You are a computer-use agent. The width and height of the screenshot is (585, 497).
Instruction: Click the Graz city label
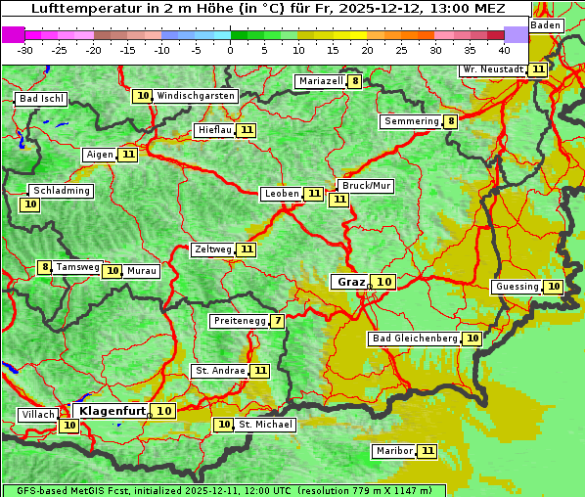pyautogui.click(x=349, y=282)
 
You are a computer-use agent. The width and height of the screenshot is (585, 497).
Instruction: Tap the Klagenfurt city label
pyautogui.click(x=112, y=411)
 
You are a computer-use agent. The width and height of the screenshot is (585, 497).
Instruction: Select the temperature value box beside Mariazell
pyautogui.click(x=355, y=81)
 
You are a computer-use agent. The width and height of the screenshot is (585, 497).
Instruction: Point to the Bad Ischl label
pyautogui.click(x=41, y=99)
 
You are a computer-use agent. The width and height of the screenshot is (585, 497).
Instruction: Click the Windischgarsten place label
pyautogui.click(x=196, y=96)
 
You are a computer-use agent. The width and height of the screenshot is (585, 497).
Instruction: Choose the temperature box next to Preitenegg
pyautogui.click(x=279, y=321)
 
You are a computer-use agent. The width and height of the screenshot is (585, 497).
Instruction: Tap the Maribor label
pyautogui.click(x=393, y=451)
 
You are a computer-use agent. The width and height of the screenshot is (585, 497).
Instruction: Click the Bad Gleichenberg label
pyautogui.click(x=414, y=339)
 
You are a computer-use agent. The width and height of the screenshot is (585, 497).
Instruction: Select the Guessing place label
pyautogui.click(x=517, y=287)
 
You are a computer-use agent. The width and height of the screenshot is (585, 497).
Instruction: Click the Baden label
pyautogui.click(x=546, y=25)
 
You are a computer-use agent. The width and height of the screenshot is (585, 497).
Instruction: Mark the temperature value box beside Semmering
pyautogui.click(x=450, y=121)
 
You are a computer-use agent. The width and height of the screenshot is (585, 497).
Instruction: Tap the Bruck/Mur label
pyautogui.click(x=365, y=186)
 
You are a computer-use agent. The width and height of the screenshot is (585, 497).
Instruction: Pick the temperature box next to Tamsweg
pyautogui.click(x=44, y=267)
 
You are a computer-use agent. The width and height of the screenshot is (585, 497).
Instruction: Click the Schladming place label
pyautogui.click(x=61, y=191)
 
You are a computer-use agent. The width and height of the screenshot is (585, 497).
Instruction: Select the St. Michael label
pyautogui.click(x=265, y=425)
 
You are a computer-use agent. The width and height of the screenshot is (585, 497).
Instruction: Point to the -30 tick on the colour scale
pyautogui.click(x=26, y=49)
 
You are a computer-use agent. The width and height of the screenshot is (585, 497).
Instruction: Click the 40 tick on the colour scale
pyautogui.click(x=504, y=49)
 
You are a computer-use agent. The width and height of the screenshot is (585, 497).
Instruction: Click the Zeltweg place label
pyautogui.click(x=212, y=249)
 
